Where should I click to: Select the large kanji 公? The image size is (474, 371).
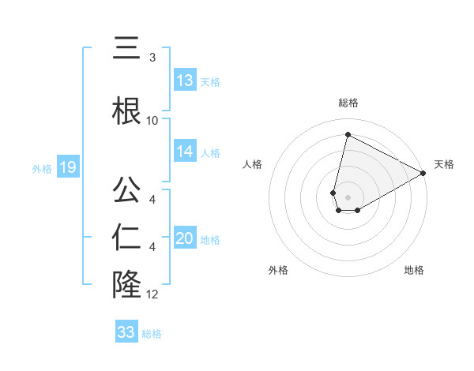click(126, 192)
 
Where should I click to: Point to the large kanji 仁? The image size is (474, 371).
click(126, 238)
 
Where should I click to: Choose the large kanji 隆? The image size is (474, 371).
click(126, 285)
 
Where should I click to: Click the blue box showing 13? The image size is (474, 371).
click(185, 81)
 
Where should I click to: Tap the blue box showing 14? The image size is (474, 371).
click(185, 152)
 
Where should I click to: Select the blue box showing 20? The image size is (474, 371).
click(185, 239)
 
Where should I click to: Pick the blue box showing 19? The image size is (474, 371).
click(68, 167)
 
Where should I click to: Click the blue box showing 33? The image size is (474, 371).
click(126, 332)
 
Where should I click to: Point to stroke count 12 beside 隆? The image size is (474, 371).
click(152, 295)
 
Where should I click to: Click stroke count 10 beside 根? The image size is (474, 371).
click(152, 121)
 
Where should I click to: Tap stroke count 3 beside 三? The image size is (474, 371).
click(152, 58)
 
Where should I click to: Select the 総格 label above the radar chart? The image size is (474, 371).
click(348, 103)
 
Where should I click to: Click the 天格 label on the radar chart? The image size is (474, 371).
click(444, 164)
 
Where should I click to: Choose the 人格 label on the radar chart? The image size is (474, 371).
click(252, 164)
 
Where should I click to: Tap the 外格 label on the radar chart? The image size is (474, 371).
click(278, 270)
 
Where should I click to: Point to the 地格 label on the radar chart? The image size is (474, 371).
click(414, 270)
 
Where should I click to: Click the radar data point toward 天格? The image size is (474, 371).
click(423, 174)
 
